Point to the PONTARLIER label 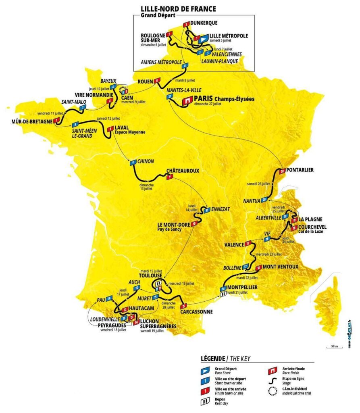[301, 170]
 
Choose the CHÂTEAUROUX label [183, 171]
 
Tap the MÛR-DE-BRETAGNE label [27, 121]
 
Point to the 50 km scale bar [332, 347]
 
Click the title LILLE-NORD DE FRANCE [178, 8]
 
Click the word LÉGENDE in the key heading [212, 359]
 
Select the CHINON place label [146, 161]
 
